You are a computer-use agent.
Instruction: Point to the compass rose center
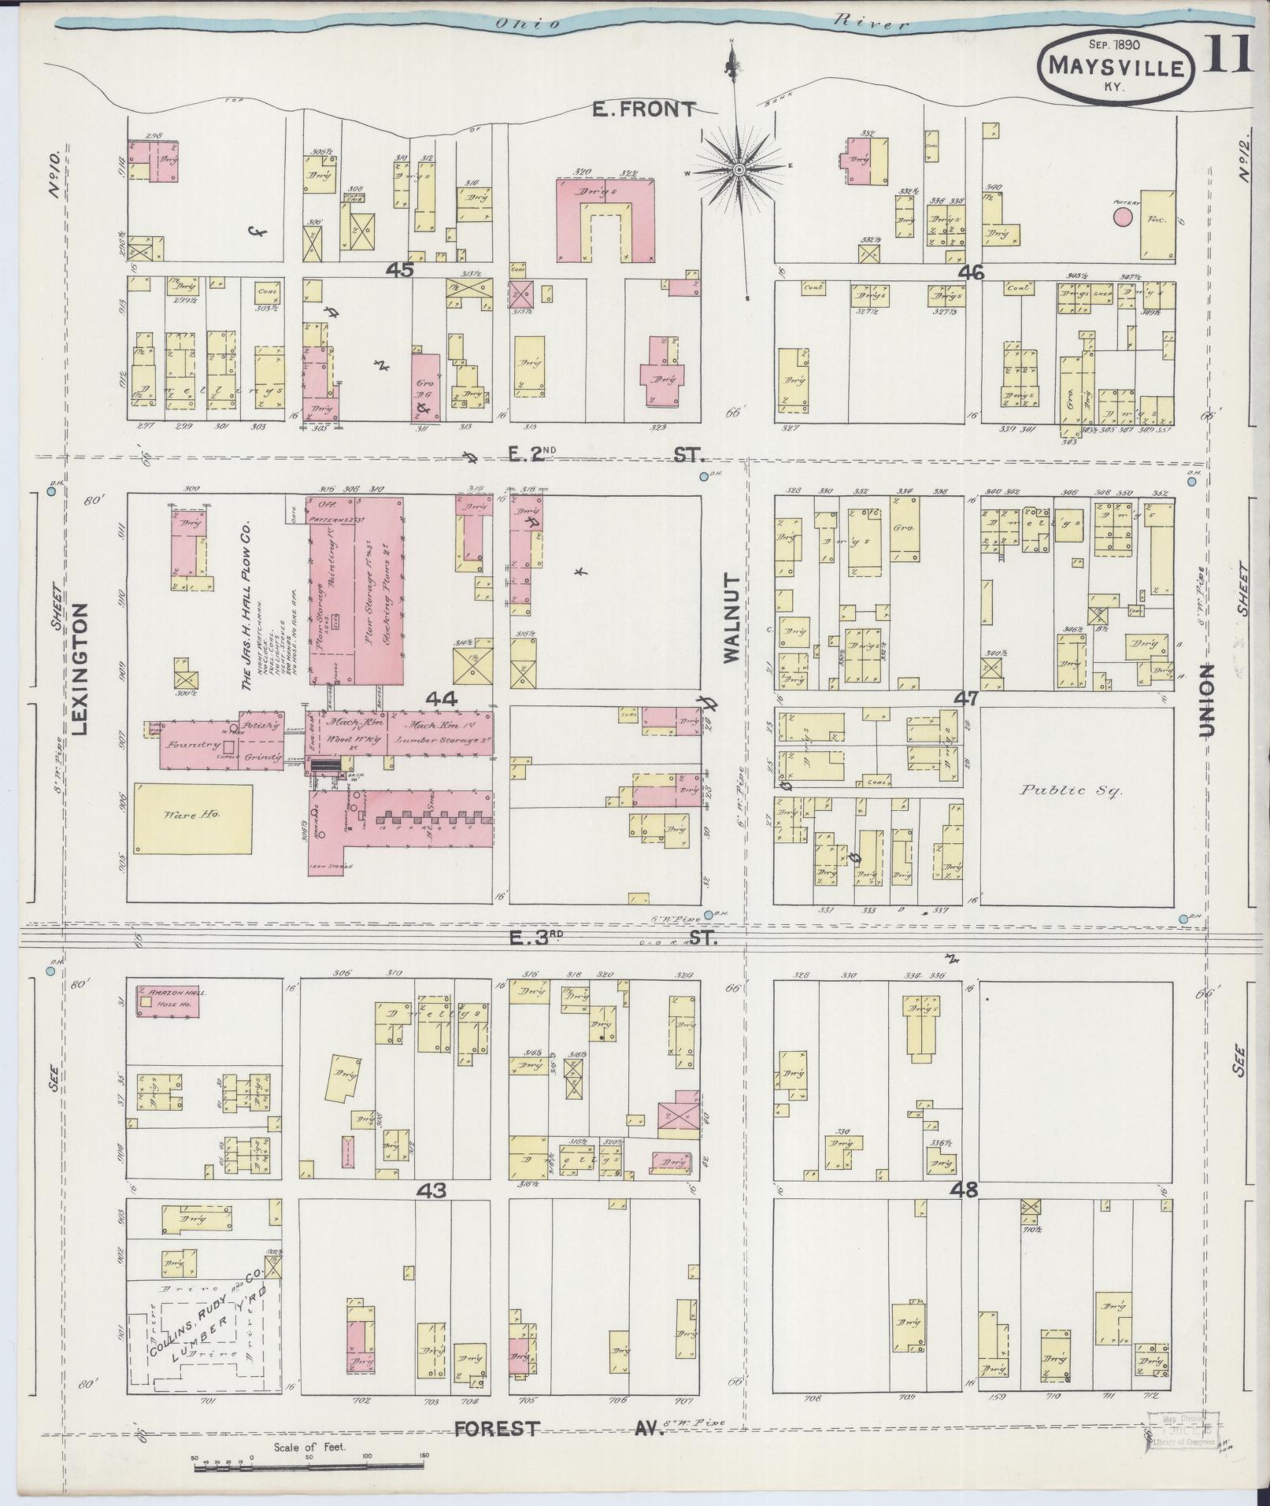click(739, 169)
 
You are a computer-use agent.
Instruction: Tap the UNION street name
click(1207, 701)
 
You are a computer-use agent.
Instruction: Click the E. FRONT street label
click(644, 110)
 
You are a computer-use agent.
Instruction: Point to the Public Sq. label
click(1072, 790)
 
